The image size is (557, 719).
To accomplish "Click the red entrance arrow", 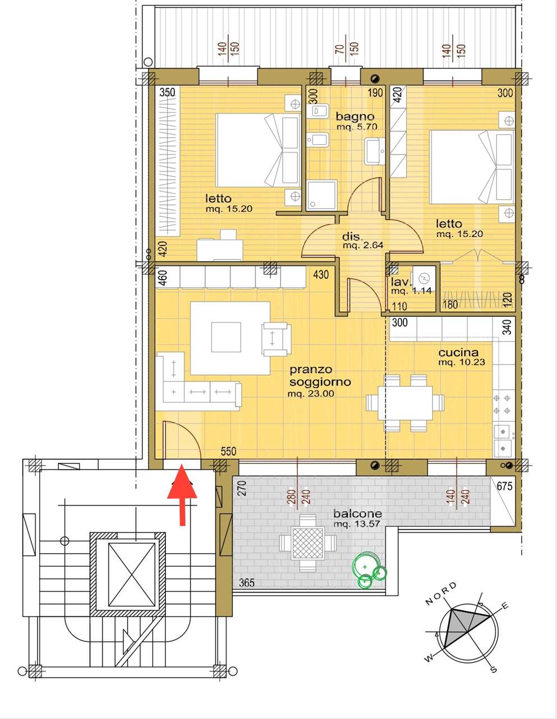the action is click(182, 495).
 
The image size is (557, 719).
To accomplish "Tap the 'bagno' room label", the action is click(355, 116).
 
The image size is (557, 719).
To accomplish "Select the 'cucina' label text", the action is click(458, 353).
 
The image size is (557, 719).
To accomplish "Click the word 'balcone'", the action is click(358, 514).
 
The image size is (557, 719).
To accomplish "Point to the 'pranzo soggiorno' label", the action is click(320, 376).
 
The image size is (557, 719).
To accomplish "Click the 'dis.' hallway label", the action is click(352, 236).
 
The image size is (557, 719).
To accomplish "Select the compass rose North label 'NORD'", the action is click(441, 593).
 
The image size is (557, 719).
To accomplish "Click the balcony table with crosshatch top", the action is click(307, 543).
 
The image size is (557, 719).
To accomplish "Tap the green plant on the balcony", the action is click(369, 570).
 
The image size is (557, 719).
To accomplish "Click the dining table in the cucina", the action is click(405, 403).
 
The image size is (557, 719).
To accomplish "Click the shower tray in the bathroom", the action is click(321, 195).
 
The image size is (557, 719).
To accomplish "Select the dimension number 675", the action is click(504, 486).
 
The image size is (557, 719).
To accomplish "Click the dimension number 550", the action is click(229, 451).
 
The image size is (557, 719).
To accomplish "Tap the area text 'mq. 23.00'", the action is click(311, 394).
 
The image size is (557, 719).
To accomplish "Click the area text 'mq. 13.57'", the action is click(357, 524).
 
